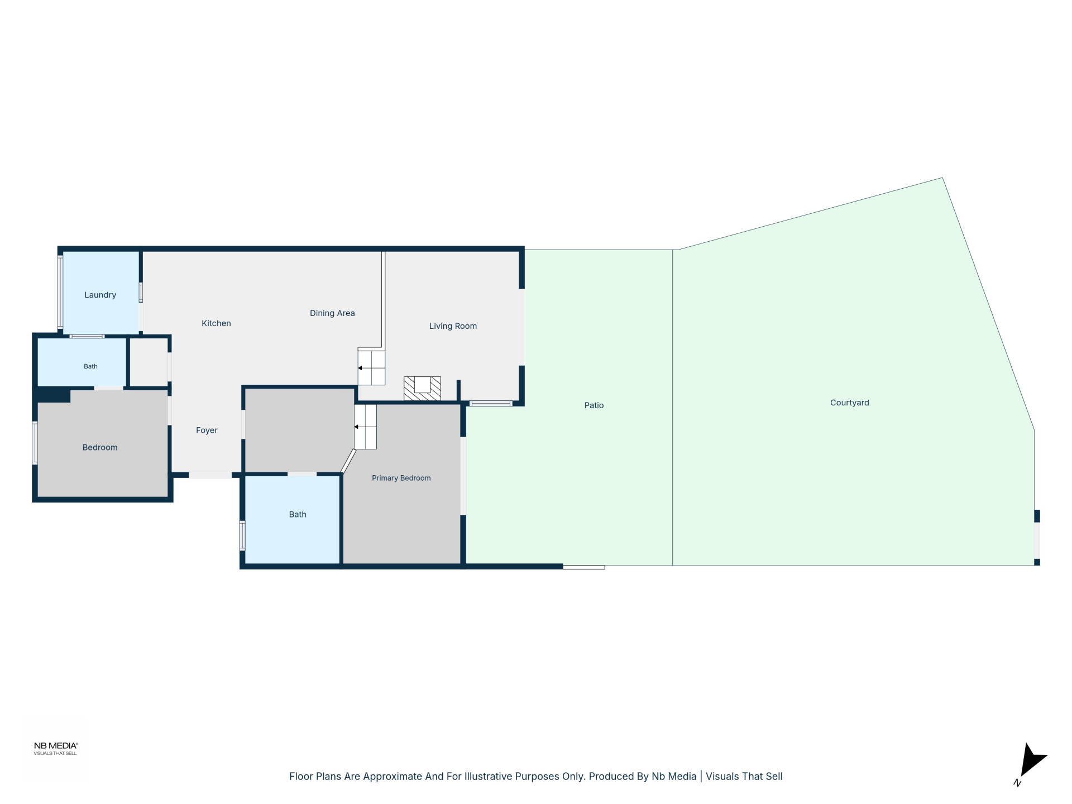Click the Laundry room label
click(100, 295)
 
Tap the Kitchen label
click(216, 323)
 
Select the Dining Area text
click(332, 313)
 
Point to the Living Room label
click(453, 326)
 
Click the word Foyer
click(207, 430)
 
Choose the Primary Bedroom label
click(401, 478)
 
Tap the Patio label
click(594, 405)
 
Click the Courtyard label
click(849, 403)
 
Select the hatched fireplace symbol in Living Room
click(422, 389)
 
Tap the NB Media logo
click(55, 748)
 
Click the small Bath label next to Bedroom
click(90, 366)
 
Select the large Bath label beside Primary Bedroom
click(298, 515)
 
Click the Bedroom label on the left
click(100, 447)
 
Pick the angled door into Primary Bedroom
click(348, 461)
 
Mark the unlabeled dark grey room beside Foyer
click(299, 430)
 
